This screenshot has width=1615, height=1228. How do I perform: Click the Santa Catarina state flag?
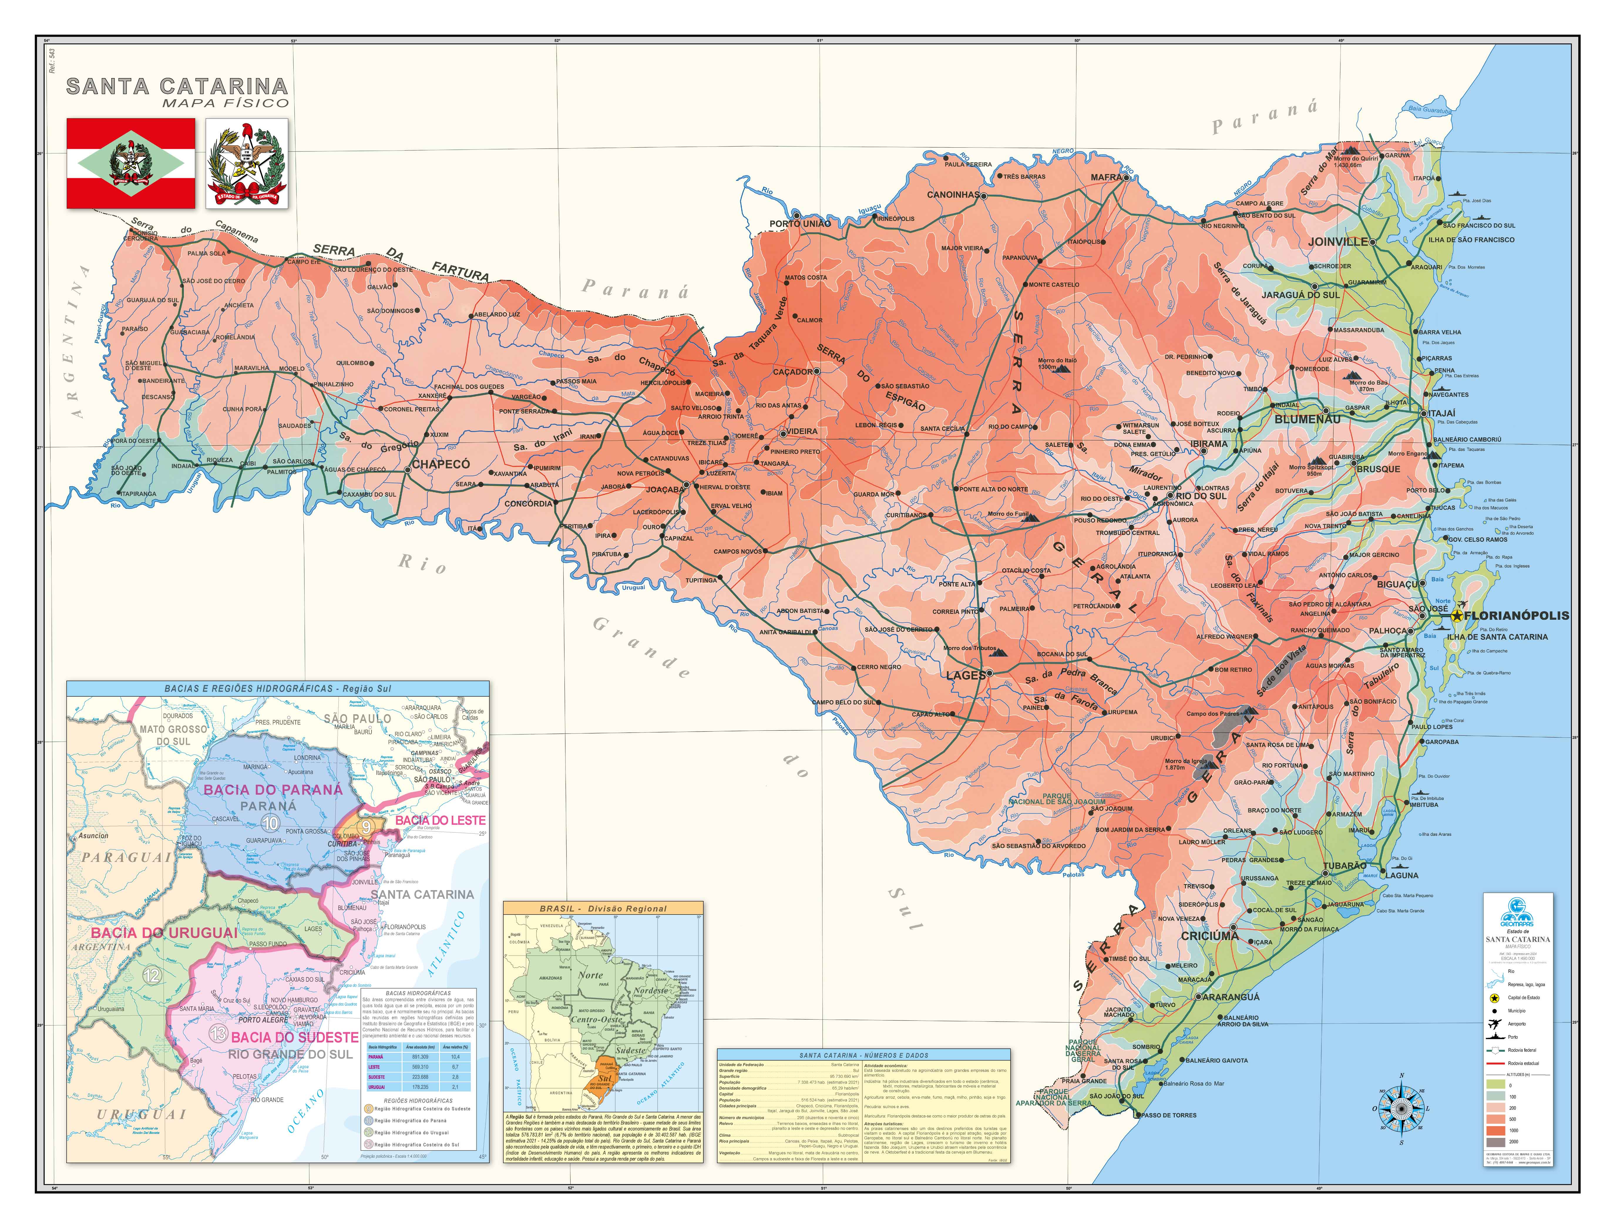point(131,164)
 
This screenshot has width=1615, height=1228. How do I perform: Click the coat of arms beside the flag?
point(246,164)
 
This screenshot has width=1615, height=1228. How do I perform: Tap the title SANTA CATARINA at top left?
point(177,86)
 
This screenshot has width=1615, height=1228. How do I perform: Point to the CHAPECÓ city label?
point(441,464)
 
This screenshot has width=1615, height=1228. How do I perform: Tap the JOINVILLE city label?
point(1337,241)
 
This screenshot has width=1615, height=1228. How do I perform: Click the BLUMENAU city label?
point(1307,420)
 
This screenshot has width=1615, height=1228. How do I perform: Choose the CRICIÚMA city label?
point(1209,936)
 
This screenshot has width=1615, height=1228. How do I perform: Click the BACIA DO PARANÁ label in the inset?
point(273,790)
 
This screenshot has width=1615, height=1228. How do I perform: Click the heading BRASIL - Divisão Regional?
point(603,909)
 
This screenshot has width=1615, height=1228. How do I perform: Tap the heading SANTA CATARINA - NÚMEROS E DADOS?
point(863,1055)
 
